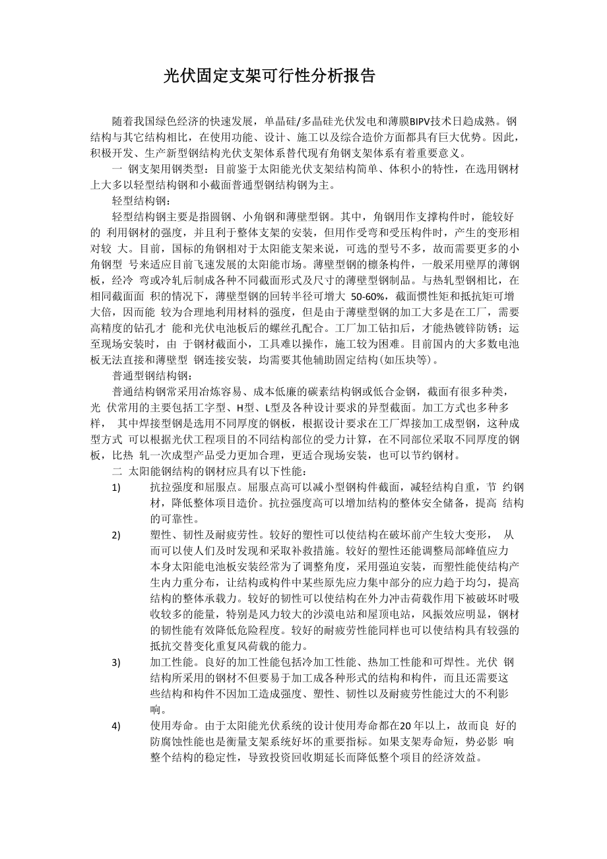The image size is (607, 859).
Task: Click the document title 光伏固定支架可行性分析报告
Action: pyautogui.click(x=269, y=76)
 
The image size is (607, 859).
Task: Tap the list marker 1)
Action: pyautogui.click(x=116, y=488)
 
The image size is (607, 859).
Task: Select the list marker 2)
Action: pyautogui.click(x=116, y=535)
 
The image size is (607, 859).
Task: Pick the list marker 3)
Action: pyautogui.click(x=116, y=662)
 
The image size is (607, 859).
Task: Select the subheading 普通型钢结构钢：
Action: pyautogui.click(x=153, y=376)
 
